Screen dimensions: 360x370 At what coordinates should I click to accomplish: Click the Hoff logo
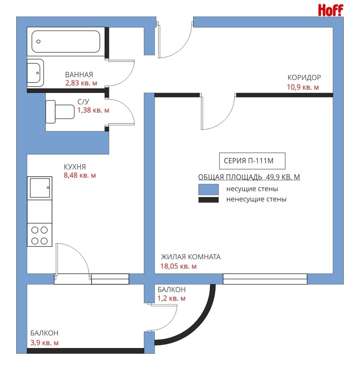coord(330,10)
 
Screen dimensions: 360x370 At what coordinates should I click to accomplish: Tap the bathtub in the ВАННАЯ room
coord(66,41)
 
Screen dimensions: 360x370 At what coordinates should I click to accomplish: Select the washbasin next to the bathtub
coord(36,73)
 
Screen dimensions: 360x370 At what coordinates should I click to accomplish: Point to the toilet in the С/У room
coord(60,112)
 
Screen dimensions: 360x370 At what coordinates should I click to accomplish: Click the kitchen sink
coord(40,188)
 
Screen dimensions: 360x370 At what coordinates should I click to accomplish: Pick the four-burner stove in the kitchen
coord(40,235)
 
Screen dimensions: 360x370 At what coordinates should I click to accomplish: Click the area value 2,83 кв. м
coord(81,83)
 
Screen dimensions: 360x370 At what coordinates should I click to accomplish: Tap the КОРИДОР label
coord(304,77)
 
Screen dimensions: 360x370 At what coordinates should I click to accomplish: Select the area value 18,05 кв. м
coord(178,266)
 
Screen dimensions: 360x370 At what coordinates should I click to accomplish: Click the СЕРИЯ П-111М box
coord(252,161)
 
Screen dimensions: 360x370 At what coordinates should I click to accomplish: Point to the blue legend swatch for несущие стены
coord(209,189)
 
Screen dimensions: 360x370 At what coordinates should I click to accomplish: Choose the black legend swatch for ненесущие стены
coord(209,200)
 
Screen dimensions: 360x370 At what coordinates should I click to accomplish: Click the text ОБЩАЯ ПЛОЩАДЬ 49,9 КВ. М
coord(249,177)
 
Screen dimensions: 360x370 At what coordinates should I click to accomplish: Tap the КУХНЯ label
coord(75,167)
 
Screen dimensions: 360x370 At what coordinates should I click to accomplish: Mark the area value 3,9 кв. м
coord(44,343)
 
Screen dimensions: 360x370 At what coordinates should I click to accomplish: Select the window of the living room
coord(265,279)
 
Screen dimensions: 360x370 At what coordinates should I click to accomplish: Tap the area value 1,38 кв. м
coord(93,110)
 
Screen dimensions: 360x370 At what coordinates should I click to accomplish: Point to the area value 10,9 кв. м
coord(303,87)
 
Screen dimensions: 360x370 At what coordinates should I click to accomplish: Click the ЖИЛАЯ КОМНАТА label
coord(191,257)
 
